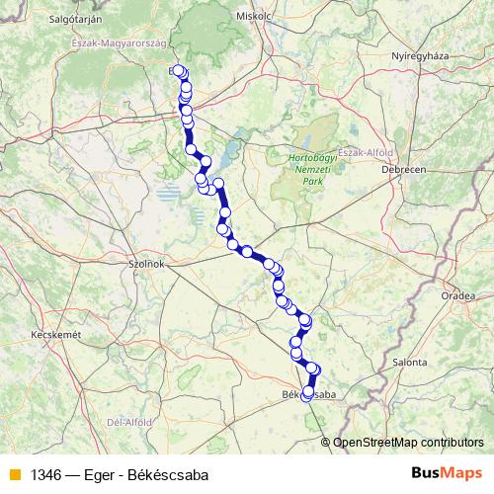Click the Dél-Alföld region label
(x=128, y=422)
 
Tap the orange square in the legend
(x=14, y=475)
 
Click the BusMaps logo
(x=446, y=473)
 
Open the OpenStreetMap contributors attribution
(x=408, y=443)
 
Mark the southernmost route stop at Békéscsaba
(x=307, y=395)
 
